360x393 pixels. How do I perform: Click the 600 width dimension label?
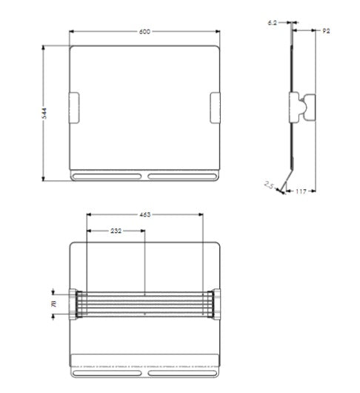coord(144,32)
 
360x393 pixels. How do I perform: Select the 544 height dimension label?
coord(44,112)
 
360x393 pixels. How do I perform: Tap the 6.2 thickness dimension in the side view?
coord(273,24)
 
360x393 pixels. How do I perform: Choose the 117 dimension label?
coord(301,192)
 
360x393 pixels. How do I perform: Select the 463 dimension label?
coord(144,214)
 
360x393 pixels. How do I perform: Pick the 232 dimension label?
coord(116,231)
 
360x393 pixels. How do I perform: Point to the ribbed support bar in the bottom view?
coord(144,303)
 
